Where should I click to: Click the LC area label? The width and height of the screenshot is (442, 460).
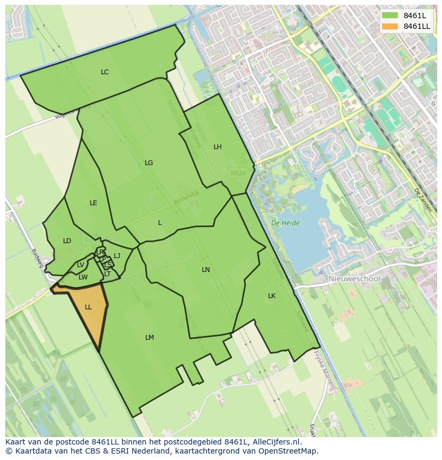point(105,72)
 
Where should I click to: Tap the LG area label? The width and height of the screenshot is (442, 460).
point(148,162)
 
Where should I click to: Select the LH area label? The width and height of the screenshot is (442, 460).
point(217,146)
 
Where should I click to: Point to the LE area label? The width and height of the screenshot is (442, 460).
point(93,202)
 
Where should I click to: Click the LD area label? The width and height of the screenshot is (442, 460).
point(67,240)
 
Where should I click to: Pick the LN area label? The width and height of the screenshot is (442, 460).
point(206,269)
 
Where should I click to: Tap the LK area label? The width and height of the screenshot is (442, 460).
point(272,295)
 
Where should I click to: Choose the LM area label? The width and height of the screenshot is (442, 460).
point(149,337)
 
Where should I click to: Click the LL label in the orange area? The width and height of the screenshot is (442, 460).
point(88,307)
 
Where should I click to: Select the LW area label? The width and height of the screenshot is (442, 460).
point(83,277)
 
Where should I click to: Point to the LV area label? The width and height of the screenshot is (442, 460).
point(80,264)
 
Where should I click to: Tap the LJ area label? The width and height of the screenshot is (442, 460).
point(117,255)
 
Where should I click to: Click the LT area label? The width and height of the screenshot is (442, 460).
point(107,274)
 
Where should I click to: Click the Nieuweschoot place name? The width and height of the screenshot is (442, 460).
point(354,279)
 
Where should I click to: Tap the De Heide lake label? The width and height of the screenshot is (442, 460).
point(285,223)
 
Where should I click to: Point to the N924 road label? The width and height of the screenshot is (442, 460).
point(238,173)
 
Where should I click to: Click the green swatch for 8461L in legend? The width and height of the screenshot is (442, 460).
point(390,15)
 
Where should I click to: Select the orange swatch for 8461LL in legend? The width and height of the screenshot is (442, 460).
point(390,26)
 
